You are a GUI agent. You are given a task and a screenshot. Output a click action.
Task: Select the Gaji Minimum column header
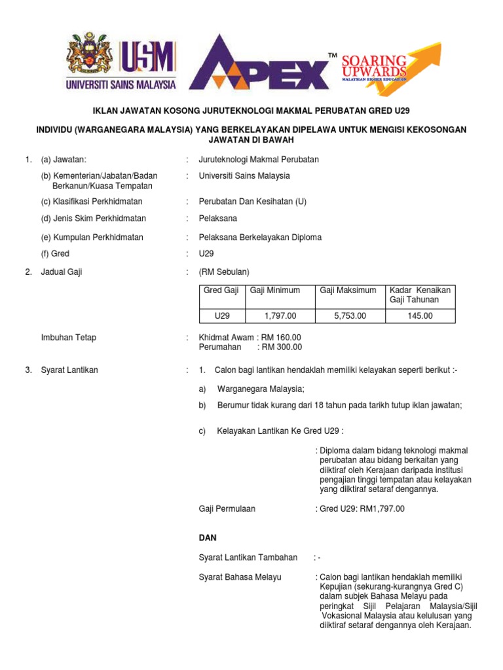coord(273,290)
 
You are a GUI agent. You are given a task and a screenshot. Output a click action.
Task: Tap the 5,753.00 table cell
coord(349,315)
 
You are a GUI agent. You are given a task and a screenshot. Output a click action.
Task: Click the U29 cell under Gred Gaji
coord(223,315)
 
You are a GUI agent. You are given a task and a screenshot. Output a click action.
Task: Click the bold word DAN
coord(208,537)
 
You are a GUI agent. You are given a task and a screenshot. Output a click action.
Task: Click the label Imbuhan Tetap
coord(68,338)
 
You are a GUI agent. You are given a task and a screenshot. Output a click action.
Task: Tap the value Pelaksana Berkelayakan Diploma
coord(260,238)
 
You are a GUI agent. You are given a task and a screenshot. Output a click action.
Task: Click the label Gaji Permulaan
coord(227,508)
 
